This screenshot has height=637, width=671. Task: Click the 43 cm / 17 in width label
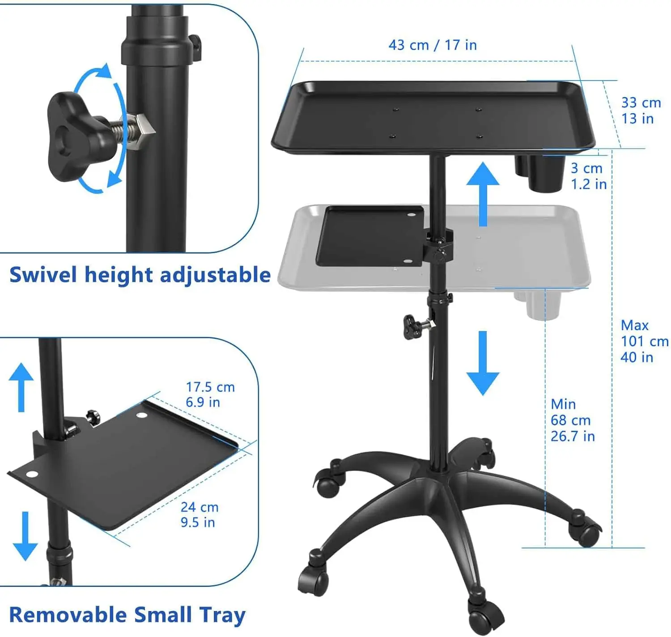(433, 45)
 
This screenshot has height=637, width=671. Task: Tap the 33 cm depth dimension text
(641, 110)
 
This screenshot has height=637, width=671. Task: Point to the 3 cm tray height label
(588, 176)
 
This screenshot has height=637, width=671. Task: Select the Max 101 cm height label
(644, 341)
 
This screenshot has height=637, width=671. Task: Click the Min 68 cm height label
(572, 420)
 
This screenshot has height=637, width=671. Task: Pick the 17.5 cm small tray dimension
(210, 394)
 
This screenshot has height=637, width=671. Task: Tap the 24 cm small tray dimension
(199, 514)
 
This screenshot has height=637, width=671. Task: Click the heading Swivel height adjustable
(140, 275)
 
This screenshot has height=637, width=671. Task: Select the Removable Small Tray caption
(127, 615)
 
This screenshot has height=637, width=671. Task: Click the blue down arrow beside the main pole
(483, 363)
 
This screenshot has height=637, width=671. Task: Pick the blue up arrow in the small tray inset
(21, 386)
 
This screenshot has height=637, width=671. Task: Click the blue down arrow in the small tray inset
(25, 536)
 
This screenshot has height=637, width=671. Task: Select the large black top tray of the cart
(433, 116)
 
